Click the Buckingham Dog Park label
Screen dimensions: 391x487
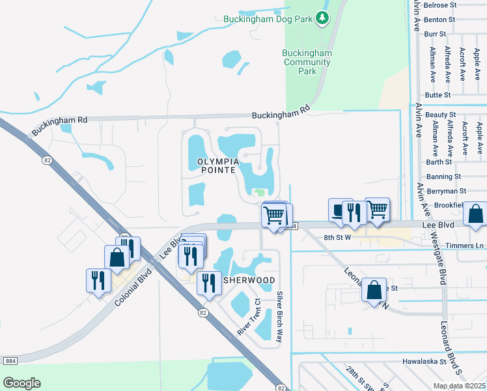(x=268, y=19)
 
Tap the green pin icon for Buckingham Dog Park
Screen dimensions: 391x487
(x=322, y=18)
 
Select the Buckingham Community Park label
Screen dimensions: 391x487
(x=307, y=62)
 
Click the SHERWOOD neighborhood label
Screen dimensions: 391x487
(x=249, y=280)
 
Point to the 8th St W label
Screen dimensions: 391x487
(x=337, y=238)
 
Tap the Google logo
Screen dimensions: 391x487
(x=21, y=383)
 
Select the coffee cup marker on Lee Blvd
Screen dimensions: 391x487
(x=339, y=210)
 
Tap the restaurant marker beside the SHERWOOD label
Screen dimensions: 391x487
(x=208, y=283)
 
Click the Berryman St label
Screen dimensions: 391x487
(x=445, y=191)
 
